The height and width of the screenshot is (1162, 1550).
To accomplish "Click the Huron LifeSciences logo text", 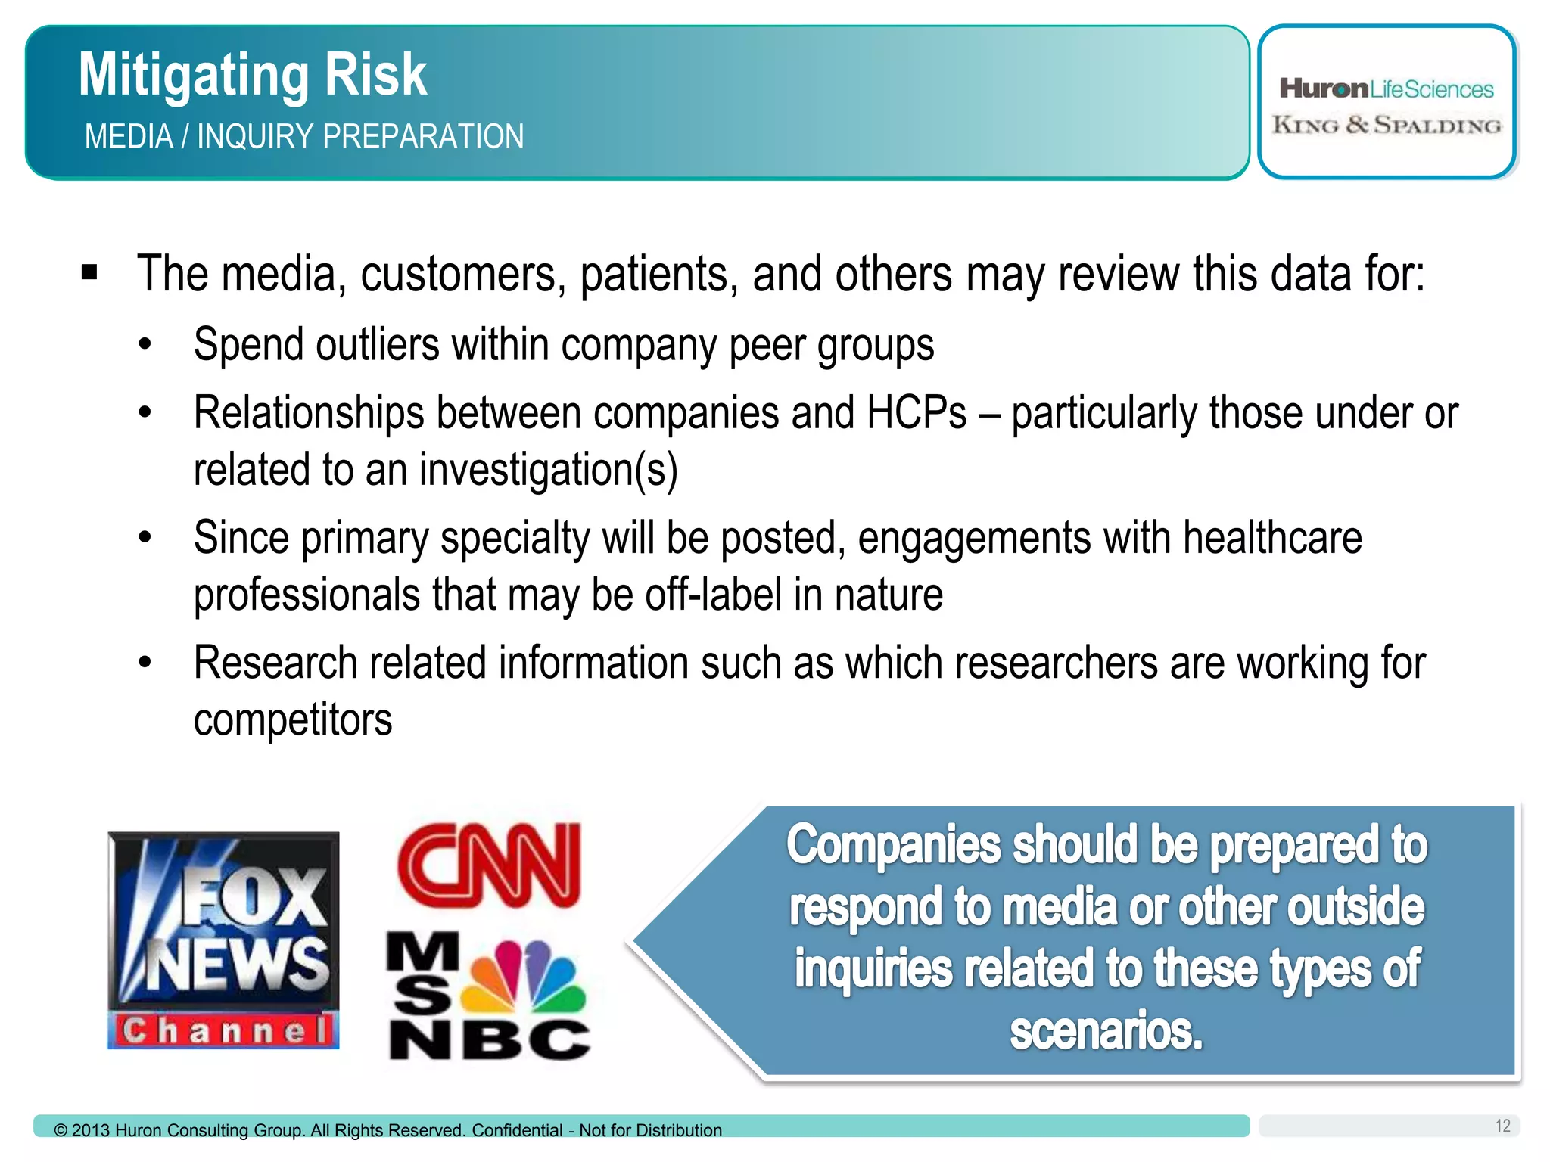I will pyautogui.click(x=1387, y=89).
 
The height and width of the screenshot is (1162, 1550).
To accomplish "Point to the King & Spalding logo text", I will pyautogui.click(x=1387, y=125).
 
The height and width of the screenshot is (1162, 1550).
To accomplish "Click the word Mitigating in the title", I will pyautogui.click(x=194, y=76).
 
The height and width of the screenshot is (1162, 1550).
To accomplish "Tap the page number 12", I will pyautogui.click(x=1502, y=1126).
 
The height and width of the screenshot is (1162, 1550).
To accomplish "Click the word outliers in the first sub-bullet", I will pyautogui.click(x=378, y=345).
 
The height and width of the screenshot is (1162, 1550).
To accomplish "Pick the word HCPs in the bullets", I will pyautogui.click(x=916, y=413).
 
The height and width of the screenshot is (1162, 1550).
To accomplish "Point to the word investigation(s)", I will pyautogui.click(x=548, y=470).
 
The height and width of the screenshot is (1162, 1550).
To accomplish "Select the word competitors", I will pyautogui.click(x=293, y=719).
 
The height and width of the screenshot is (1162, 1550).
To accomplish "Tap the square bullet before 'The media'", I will pyautogui.click(x=89, y=272).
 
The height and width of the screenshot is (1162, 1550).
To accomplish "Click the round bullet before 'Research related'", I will pyautogui.click(x=145, y=663).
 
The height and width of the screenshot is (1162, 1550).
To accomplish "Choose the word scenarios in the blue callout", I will pyautogui.click(x=1106, y=1030).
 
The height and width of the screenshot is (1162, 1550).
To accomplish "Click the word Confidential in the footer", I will pyautogui.click(x=517, y=1130).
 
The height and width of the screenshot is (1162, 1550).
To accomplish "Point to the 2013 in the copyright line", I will pyautogui.click(x=91, y=1130).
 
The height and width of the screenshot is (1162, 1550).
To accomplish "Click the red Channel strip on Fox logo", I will pyautogui.click(x=224, y=1030).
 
